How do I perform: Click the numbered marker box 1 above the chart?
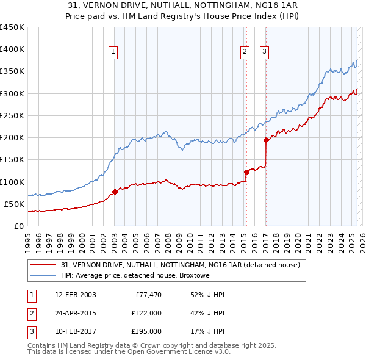(x=114, y=52)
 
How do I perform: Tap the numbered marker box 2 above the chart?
(x=245, y=52)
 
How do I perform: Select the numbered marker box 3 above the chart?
(x=264, y=52)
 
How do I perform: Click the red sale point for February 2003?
(x=115, y=192)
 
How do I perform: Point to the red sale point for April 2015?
(x=246, y=172)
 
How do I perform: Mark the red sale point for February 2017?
(x=266, y=140)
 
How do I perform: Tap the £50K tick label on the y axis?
(x=14, y=204)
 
